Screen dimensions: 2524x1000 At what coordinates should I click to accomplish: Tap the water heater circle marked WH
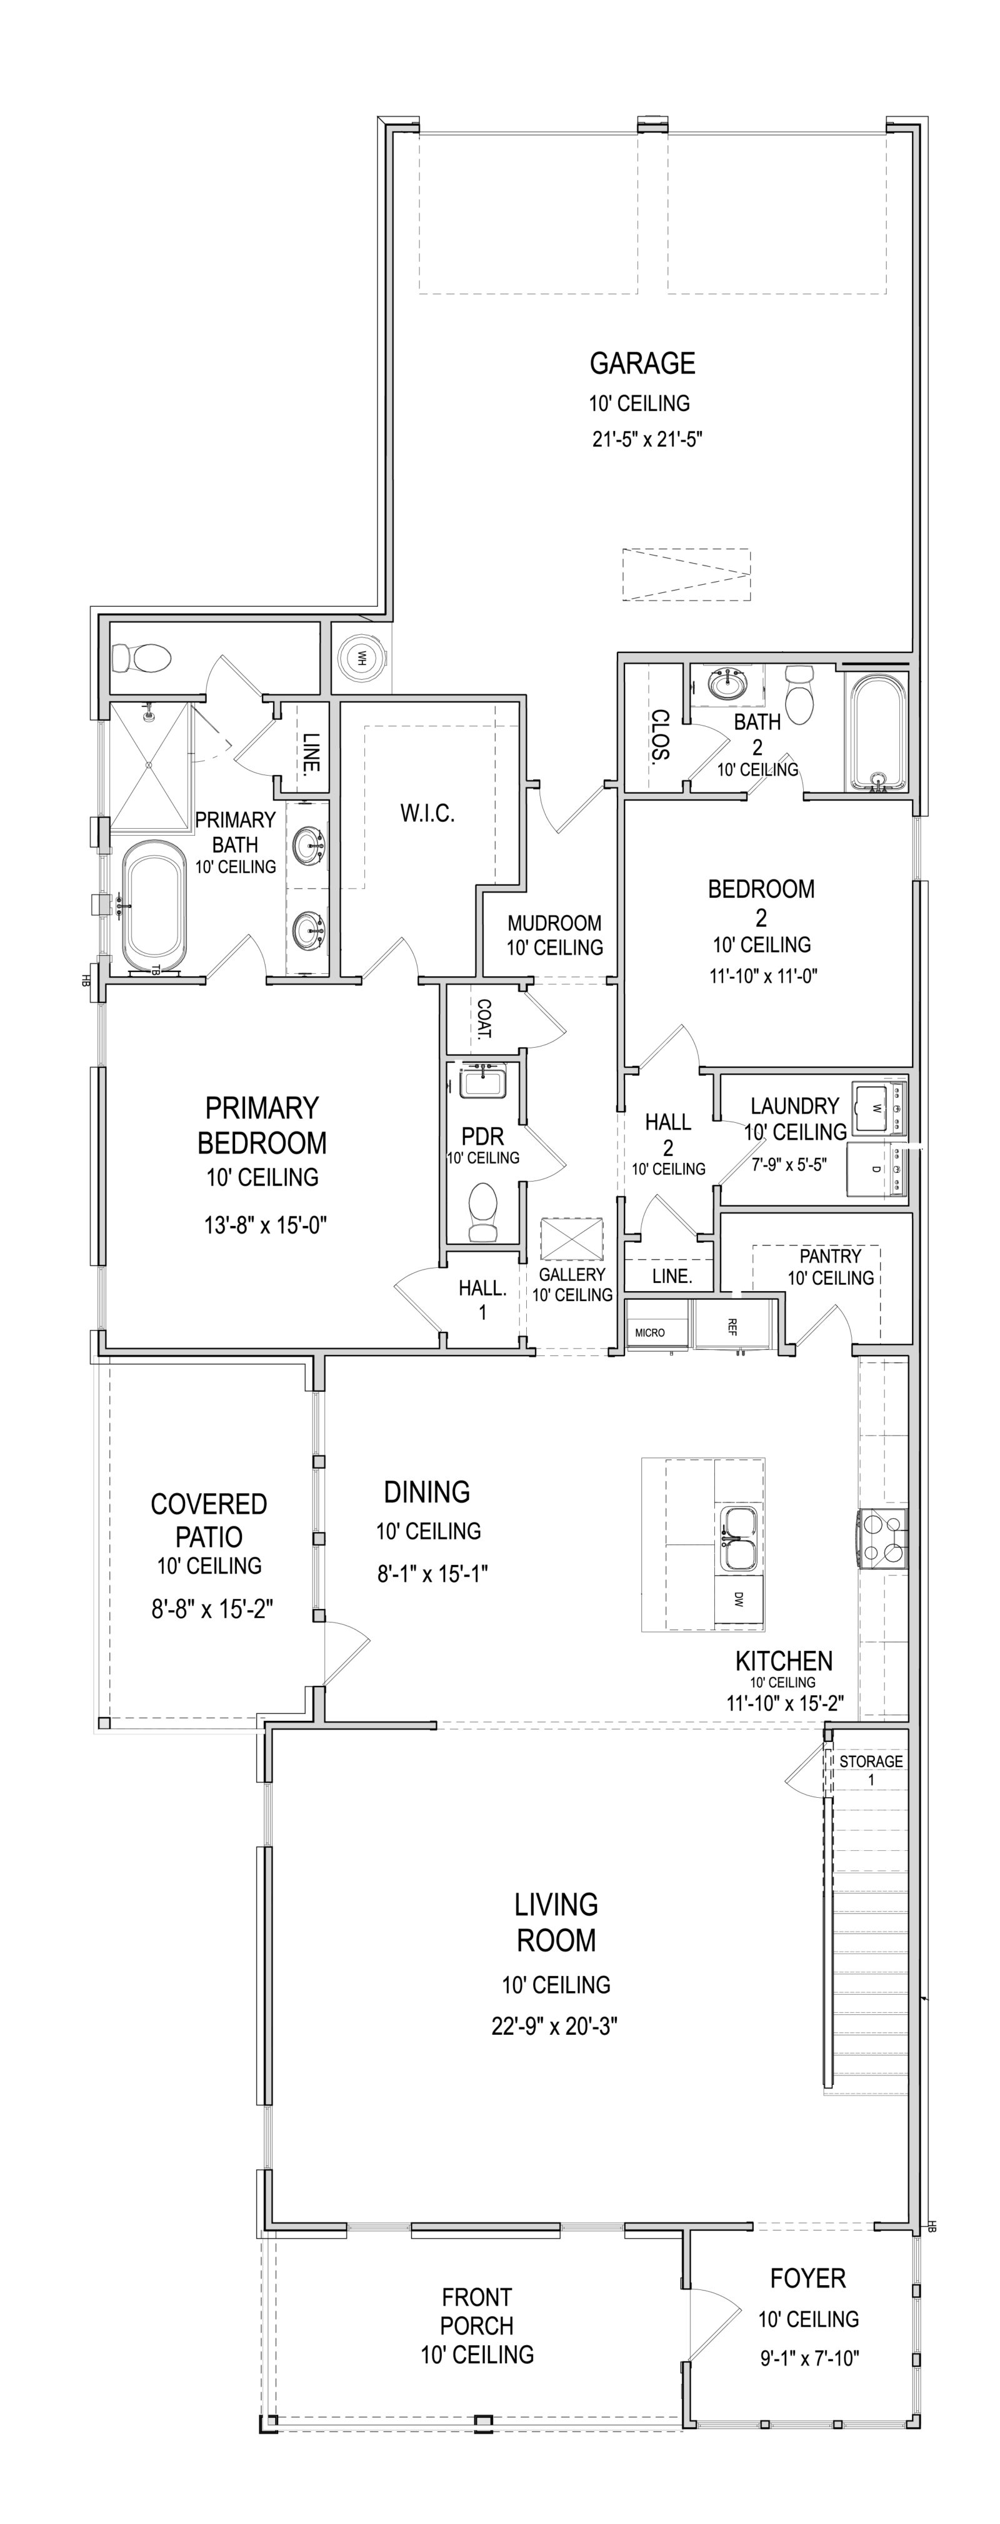tap(361, 656)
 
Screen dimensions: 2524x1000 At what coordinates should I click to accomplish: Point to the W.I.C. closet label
tap(427, 813)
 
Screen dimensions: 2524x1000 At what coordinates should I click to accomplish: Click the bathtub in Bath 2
tap(877, 731)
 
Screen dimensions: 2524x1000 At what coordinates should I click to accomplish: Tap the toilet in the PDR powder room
tap(484, 1211)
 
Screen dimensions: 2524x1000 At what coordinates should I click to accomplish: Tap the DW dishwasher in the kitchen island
tap(737, 1598)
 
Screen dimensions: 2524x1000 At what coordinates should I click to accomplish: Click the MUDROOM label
tap(554, 923)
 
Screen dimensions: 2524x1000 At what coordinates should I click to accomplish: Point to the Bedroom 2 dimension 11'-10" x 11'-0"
tap(761, 976)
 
